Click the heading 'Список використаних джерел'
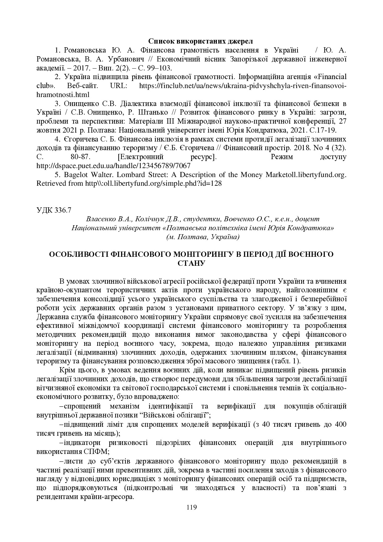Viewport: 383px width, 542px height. click(200, 41)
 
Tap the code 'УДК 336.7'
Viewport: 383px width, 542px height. click(54, 210)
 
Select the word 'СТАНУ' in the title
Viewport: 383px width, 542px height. click(192, 263)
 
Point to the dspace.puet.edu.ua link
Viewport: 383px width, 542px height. click(113, 166)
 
